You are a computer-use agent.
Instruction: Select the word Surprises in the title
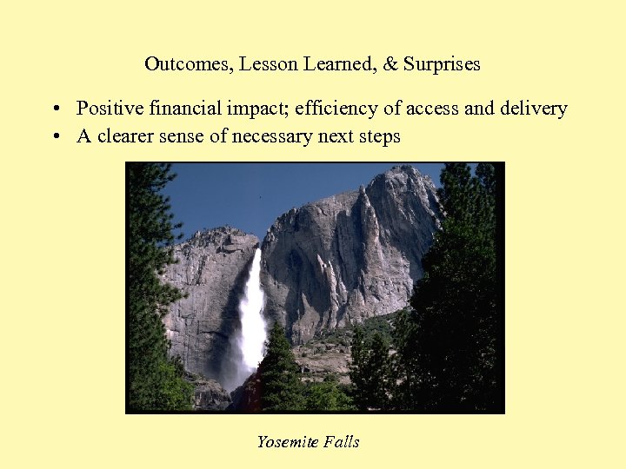pos(442,65)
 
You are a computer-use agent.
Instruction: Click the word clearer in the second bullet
pos(127,136)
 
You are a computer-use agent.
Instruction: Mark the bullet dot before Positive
pos(55,109)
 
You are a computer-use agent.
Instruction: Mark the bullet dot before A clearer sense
pos(55,137)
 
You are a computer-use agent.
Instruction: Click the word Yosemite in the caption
pos(286,442)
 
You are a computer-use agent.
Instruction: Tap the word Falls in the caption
pos(341,442)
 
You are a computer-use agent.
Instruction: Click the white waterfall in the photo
pos(253,313)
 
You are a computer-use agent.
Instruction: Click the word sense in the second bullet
pos(185,137)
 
